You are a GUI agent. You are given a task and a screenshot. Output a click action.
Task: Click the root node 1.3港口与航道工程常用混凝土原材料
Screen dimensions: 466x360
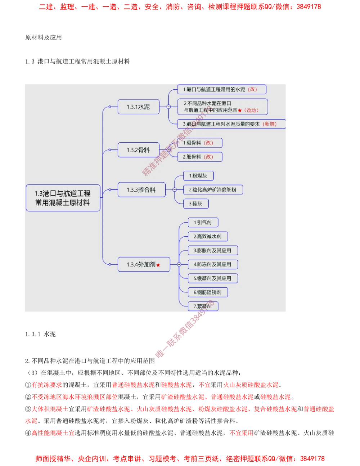point(63,198)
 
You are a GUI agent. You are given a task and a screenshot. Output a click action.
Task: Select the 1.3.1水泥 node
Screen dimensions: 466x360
point(138,107)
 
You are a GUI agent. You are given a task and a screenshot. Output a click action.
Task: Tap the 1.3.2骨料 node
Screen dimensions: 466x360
point(138,150)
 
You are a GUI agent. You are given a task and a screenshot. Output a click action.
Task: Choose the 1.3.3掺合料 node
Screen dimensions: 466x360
point(141,190)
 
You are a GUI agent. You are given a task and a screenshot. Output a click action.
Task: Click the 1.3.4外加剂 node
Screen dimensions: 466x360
point(143,265)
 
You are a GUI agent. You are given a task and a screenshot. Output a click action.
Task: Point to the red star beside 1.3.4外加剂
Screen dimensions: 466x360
point(158,265)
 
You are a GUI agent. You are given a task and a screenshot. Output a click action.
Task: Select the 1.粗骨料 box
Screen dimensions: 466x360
point(199,143)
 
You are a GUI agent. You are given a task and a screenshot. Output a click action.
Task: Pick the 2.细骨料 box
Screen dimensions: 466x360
point(199,157)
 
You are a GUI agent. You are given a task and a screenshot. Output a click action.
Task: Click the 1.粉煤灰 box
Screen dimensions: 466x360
point(198,176)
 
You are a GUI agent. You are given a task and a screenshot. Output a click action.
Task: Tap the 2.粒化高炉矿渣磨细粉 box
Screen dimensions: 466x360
point(213,190)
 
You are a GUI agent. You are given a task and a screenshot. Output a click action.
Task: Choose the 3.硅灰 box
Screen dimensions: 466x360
point(196,204)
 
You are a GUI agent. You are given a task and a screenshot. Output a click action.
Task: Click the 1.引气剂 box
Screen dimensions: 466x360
point(203,223)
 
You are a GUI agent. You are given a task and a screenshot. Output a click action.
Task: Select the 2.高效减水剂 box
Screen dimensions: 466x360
point(208,237)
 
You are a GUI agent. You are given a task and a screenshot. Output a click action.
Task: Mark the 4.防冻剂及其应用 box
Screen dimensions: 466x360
point(212,264)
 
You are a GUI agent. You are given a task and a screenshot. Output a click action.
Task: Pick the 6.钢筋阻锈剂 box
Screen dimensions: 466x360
point(208,292)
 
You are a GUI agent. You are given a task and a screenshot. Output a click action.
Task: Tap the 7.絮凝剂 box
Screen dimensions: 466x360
point(203,306)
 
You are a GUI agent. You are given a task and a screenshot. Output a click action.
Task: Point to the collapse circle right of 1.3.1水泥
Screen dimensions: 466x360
point(168,107)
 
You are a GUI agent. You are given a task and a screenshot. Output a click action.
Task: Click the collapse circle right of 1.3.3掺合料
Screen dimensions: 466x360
point(174,190)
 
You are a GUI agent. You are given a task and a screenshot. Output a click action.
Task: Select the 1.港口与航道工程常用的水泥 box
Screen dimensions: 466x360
point(222,89)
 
